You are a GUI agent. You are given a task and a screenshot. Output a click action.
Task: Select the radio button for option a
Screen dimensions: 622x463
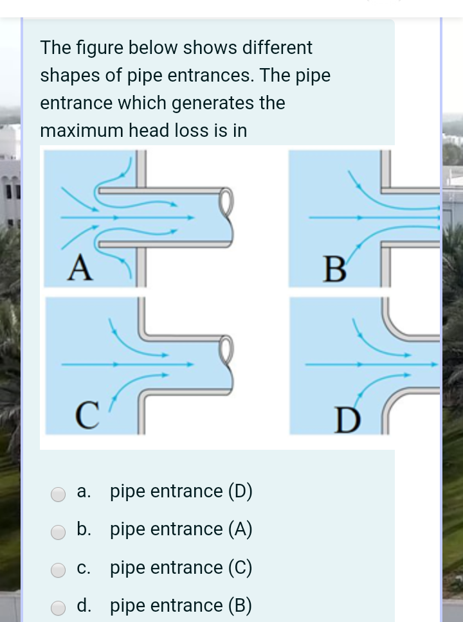[x=59, y=493]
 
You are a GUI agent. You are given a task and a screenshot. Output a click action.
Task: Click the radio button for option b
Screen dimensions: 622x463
[x=59, y=532]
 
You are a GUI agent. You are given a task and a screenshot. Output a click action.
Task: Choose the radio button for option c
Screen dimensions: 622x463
[x=59, y=570]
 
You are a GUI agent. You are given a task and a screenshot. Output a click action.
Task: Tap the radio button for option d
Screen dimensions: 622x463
[x=59, y=608]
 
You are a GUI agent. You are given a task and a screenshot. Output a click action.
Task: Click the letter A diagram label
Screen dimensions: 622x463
[x=78, y=267]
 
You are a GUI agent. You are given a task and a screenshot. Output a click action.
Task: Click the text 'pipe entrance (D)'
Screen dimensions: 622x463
[x=181, y=492]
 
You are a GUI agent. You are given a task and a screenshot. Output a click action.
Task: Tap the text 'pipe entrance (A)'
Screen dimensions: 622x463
[x=181, y=529]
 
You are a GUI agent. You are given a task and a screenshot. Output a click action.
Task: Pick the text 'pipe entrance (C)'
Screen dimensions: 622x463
[x=181, y=568]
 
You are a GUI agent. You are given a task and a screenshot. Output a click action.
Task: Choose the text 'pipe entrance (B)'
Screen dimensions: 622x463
[x=181, y=606]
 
